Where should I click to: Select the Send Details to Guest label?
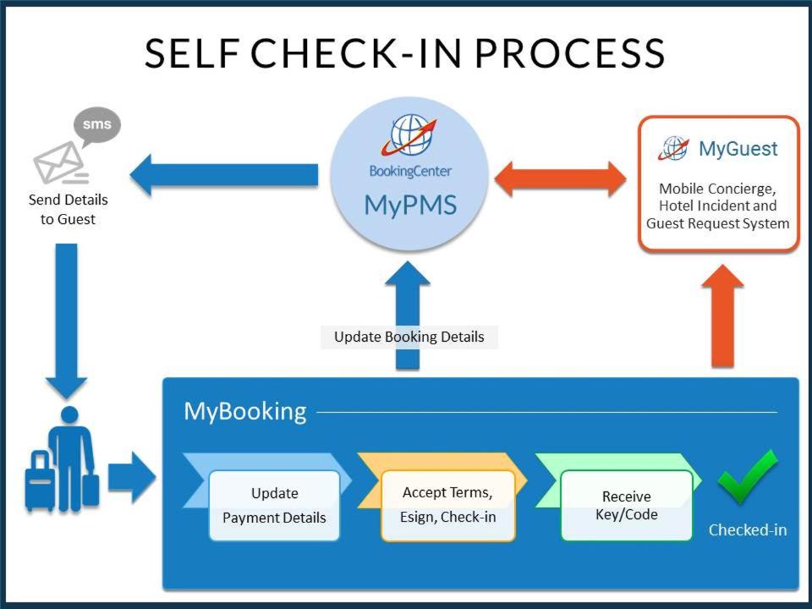pyautogui.click(x=69, y=210)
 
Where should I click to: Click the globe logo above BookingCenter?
pyautogui.click(x=410, y=135)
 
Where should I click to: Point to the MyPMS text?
pyautogui.click(x=410, y=205)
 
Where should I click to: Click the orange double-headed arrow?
pyautogui.click(x=560, y=179)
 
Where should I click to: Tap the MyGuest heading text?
pyautogui.click(x=738, y=150)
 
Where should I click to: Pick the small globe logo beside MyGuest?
pyautogui.click(x=674, y=149)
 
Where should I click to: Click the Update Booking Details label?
pyautogui.click(x=409, y=337)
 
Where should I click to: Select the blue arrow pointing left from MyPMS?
pyautogui.click(x=223, y=175)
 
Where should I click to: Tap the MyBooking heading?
pyautogui.click(x=244, y=411)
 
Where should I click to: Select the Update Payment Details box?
pyautogui.click(x=274, y=505)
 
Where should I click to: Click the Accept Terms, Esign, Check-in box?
pyautogui.click(x=447, y=505)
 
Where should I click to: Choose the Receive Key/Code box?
pyautogui.click(x=626, y=505)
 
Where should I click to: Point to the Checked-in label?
pyautogui.click(x=748, y=530)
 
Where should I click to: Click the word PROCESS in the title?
pyautogui.click(x=569, y=52)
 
